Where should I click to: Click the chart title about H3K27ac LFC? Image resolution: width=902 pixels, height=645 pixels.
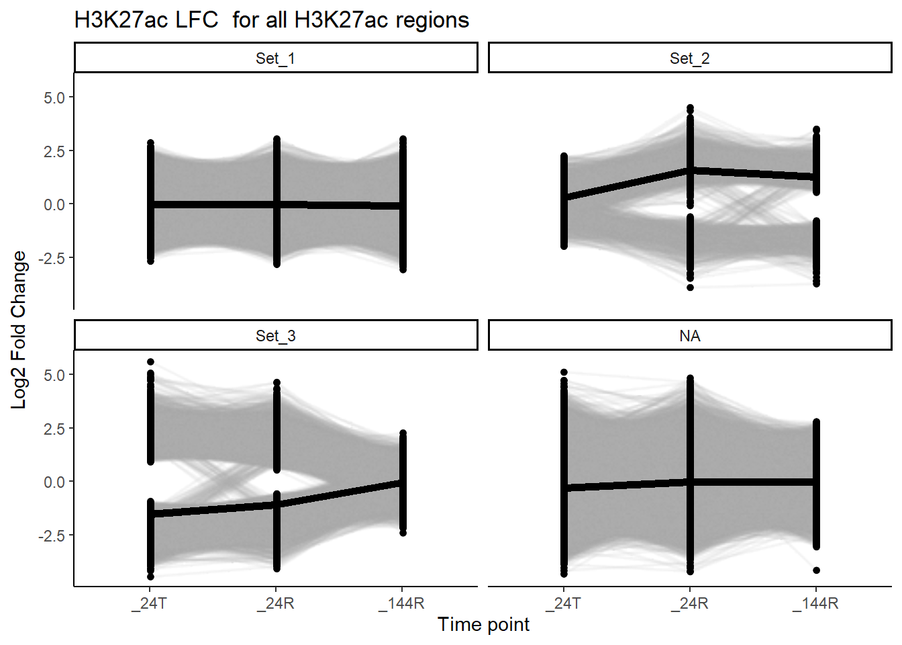point(271,20)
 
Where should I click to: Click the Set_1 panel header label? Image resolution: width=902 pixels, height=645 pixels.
point(275,58)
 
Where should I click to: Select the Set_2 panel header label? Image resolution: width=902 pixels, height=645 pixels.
point(689,58)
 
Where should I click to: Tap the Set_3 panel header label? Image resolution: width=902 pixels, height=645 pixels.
point(275,336)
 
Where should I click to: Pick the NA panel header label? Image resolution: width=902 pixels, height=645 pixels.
point(689,336)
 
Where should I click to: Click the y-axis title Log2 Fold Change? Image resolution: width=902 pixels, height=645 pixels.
point(19,329)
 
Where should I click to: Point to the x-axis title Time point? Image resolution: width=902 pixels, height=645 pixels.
point(483,625)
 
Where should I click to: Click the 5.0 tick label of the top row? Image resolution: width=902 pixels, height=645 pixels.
point(54,98)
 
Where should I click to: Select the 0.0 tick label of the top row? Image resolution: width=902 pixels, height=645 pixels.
point(54,205)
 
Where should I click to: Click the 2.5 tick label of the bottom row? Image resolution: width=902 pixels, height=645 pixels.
point(54,429)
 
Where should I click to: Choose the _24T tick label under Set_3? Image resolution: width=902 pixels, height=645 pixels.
point(149,603)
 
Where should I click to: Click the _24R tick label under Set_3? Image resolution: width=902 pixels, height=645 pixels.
point(275,603)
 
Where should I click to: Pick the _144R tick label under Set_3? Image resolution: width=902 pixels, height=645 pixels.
point(401,603)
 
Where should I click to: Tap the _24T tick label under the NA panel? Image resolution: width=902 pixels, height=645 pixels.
point(564,603)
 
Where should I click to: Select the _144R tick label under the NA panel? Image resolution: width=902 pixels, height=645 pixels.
point(815,603)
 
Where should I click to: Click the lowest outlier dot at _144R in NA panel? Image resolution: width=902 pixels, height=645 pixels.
point(816,570)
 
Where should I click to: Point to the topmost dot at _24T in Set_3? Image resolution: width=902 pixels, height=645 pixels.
point(150,362)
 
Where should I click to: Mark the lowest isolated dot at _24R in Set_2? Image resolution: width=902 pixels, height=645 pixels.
point(690,288)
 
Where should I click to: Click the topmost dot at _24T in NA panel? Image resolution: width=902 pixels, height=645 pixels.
point(564,372)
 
